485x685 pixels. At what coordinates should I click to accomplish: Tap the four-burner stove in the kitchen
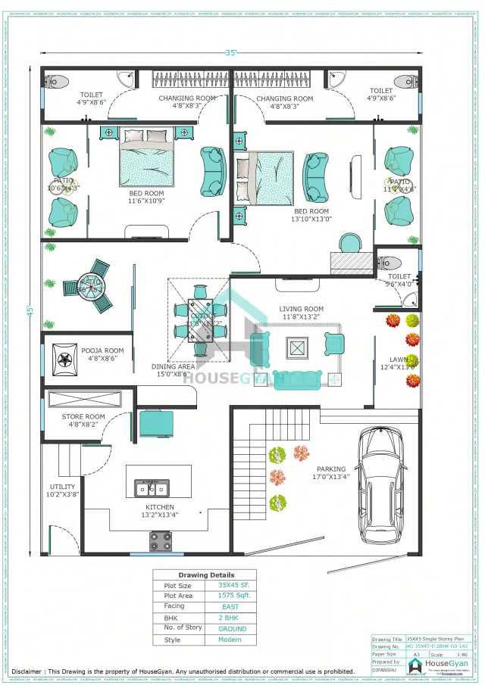click(160, 540)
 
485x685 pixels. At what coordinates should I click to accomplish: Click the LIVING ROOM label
click(301, 309)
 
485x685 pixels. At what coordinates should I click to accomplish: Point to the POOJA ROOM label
click(102, 350)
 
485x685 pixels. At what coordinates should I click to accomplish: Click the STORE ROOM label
click(83, 416)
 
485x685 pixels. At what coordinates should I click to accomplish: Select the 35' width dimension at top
click(230, 53)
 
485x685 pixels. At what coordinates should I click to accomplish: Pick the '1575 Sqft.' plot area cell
click(231, 596)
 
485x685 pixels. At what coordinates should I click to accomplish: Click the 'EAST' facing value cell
click(231, 606)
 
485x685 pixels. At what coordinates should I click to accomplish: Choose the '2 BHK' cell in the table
click(231, 618)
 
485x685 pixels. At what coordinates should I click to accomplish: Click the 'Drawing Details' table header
click(205, 574)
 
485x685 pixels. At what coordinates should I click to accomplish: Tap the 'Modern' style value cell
click(231, 640)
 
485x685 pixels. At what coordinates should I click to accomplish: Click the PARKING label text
click(331, 469)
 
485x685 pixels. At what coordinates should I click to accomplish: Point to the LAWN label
click(399, 360)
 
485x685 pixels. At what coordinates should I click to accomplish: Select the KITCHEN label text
click(160, 507)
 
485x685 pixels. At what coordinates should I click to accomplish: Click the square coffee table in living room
click(297, 347)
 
